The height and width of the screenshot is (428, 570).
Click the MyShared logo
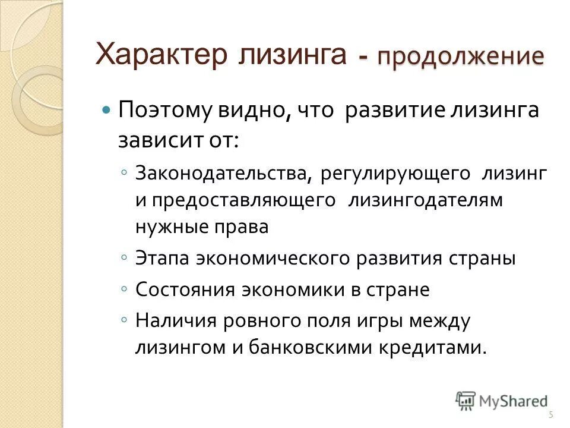(x=502, y=401)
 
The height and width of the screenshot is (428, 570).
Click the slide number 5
(x=550, y=415)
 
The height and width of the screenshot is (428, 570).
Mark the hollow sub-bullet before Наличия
(x=122, y=320)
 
